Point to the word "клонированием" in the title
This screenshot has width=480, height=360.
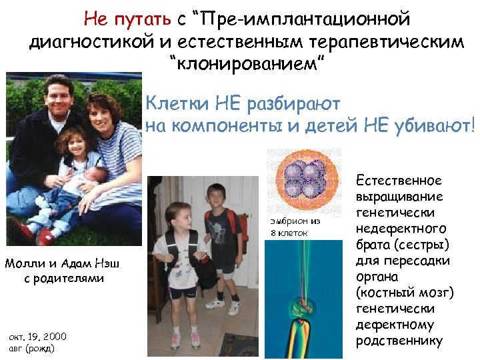241,65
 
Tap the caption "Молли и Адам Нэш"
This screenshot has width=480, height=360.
64,263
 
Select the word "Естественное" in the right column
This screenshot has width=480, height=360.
399,181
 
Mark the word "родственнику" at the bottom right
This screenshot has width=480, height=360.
399,341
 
